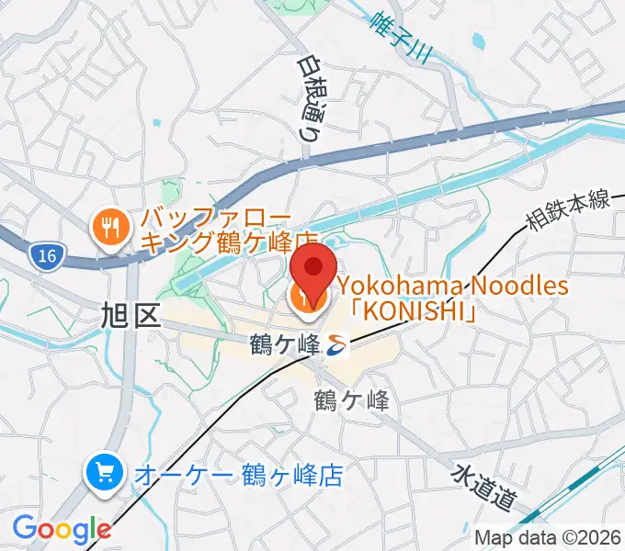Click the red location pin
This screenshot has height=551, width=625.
click(x=312, y=272)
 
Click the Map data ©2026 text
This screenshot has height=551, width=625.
click(x=548, y=536)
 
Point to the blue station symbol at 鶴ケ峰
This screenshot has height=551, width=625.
click(x=336, y=345)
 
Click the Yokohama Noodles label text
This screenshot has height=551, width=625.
click(x=451, y=287)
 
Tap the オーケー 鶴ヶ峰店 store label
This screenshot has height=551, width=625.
click(x=238, y=475)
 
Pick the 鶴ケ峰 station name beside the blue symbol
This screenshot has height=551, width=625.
click(x=285, y=345)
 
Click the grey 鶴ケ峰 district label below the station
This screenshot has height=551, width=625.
click(x=351, y=400)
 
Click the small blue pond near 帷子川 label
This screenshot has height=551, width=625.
click(x=477, y=40)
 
